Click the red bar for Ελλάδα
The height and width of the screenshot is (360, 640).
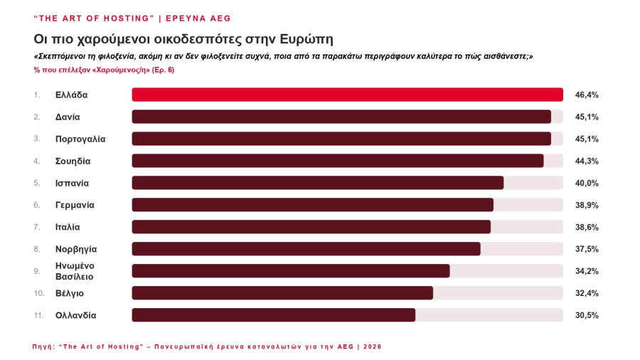347,95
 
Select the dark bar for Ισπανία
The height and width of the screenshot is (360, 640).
318,183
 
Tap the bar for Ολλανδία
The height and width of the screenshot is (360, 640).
274,315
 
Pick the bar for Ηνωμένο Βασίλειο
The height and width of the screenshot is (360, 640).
291,271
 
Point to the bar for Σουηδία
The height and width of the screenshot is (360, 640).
338,161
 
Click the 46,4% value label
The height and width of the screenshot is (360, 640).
587,95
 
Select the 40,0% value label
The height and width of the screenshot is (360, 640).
587,184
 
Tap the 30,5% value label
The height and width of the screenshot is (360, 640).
587,315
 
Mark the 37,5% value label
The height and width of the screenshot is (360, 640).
587,250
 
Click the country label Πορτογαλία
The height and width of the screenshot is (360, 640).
80,139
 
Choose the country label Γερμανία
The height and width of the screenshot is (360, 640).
75,206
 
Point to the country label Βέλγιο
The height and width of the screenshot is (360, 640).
70,293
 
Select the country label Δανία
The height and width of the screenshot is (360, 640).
68,117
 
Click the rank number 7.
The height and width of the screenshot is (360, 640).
37,227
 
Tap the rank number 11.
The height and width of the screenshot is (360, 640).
39,315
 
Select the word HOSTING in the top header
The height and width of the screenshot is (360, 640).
127,18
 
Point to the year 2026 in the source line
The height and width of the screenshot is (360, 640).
372,346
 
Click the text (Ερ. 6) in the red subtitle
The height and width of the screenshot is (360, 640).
163,70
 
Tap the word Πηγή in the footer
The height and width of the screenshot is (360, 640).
43,346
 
